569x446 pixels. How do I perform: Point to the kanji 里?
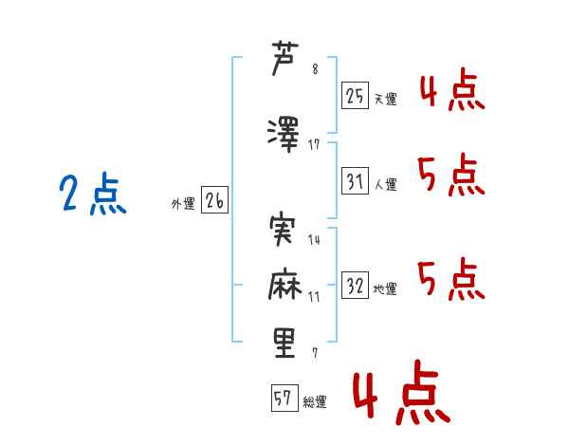284,343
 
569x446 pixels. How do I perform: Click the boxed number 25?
355,95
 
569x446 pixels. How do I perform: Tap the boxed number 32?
355,285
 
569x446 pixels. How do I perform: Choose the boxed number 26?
215,201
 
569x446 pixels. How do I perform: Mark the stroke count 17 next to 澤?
314,144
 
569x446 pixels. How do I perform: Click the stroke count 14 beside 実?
314,240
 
